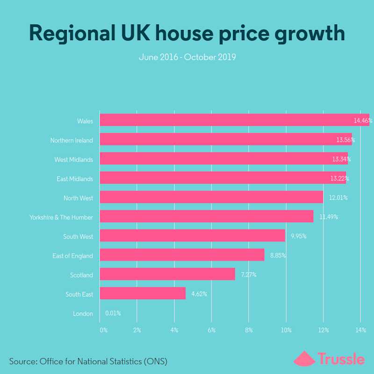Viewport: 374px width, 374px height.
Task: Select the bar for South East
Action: tap(143, 294)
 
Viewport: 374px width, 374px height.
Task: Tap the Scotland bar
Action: tap(167, 274)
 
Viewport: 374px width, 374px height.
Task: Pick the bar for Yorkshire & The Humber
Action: tap(207, 216)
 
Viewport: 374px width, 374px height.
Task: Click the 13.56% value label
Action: tap(345, 140)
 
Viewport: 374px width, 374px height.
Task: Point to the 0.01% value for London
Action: tap(113, 313)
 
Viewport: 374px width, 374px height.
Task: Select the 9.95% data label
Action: tap(298, 236)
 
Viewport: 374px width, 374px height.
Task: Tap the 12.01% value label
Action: tap(338, 198)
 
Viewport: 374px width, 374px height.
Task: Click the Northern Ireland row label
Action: tap(72, 140)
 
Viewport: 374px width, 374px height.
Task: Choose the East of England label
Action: tap(72, 256)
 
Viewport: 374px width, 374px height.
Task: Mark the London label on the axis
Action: tap(83, 314)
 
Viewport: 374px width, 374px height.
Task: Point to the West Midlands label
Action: tap(73, 159)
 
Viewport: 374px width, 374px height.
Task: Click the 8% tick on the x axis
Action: tap(249, 330)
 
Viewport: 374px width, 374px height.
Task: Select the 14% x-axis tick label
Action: tap(360, 330)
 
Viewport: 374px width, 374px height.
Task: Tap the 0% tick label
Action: tap(103, 330)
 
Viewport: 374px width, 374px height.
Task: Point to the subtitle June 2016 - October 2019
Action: tap(187, 58)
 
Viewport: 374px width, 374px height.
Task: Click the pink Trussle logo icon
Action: tap(304, 359)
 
